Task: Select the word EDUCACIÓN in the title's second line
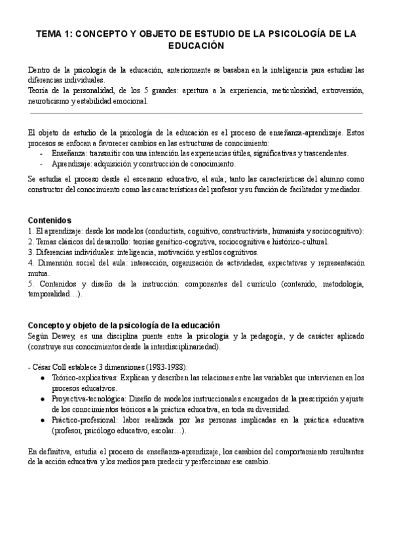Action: pyautogui.click(x=196, y=46)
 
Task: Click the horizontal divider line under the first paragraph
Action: pyautogui.click(x=196, y=113)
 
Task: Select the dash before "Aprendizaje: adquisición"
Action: pyautogui.click(x=42, y=164)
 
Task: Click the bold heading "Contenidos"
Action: pyautogui.click(x=50, y=220)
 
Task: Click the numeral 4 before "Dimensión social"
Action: pyautogui.click(x=30, y=263)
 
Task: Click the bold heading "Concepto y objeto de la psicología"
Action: pyautogui.click(x=124, y=326)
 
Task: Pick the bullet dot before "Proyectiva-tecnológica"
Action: pyautogui.click(x=43, y=399)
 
